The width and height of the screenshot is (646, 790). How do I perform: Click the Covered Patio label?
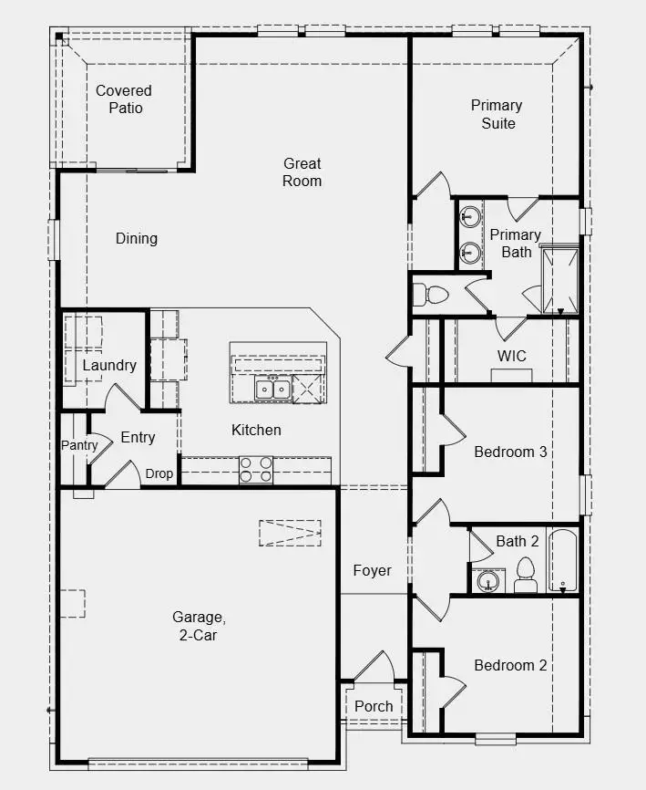(x=124, y=99)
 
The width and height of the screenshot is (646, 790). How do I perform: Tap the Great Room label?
(x=302, y=172)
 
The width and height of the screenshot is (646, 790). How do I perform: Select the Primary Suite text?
(x=497, y=114)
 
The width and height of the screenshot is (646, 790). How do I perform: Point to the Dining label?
(x=137, y=238)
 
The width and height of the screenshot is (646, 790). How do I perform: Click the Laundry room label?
(x=109, y=365)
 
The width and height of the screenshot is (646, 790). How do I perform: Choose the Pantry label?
(x=79, y=445)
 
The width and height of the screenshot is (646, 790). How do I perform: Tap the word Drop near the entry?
(x=159, y=473)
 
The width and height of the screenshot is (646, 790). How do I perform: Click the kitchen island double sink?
(x=272, y=390)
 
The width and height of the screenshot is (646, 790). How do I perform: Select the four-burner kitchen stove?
(x=256, y=470)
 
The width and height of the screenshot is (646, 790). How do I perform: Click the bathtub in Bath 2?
(x=562, y=560)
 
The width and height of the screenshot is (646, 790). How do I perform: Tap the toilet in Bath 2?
(x=524, y=575)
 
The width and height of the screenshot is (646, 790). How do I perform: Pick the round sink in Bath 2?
(x=487, y=580)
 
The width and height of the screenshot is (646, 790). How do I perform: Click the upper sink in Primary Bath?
(x=470, y=218)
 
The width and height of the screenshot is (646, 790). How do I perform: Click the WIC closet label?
(x=511, y=355)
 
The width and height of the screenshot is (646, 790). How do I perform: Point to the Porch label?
(x=374, y=706)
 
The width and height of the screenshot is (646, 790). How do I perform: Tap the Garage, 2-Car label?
(x=195, y=627)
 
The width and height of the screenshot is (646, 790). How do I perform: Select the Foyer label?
(x=372, y=571)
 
